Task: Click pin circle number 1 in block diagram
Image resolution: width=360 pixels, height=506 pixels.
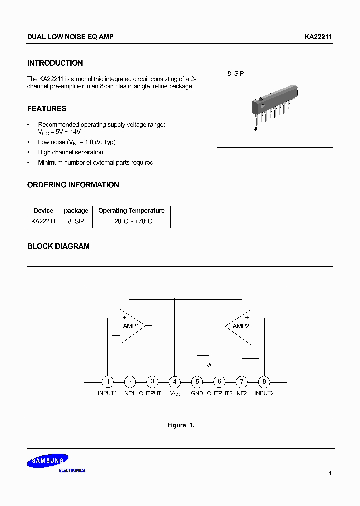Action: [107, 382]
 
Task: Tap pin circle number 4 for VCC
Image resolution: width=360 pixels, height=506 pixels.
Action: [174, 382]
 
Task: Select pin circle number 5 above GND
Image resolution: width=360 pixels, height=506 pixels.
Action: [197, 382]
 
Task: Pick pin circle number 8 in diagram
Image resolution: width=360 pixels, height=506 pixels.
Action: [264, 382]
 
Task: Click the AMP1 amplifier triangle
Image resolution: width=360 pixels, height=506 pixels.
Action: [132, 326]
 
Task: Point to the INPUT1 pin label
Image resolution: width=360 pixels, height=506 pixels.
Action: [107, 393]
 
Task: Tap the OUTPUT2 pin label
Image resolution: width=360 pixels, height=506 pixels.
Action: [220, 393]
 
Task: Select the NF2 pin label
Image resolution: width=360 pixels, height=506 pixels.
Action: [242, 393]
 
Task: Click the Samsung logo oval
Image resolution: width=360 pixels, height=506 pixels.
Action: [48, 461]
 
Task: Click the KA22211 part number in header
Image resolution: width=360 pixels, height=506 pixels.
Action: [318, 37]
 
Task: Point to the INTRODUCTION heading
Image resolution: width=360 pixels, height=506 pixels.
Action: [55, 63]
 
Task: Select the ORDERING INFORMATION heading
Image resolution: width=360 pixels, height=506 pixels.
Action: [73, 185]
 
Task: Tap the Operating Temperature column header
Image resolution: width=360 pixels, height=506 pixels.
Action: [131, 211]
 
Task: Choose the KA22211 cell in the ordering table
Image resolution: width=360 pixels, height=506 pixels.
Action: [43, 221]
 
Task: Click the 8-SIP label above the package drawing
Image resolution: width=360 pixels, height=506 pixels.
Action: [236, 73]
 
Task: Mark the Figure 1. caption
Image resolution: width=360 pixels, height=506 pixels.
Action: [180, 425]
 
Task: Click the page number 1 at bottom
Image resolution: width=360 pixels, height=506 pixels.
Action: [330, 473]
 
